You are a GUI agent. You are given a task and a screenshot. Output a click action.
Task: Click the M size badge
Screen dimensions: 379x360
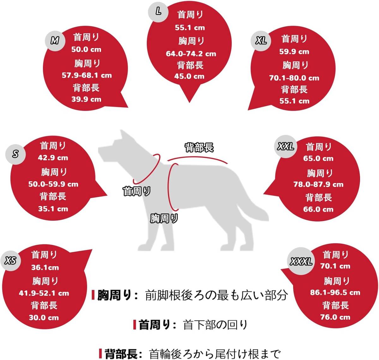point(55,41)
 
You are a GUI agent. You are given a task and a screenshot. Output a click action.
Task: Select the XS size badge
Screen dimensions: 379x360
point(11,261)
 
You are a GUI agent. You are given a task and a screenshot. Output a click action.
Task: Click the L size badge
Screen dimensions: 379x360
point(158,12)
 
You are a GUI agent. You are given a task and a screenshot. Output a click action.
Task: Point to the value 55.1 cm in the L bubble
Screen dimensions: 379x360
point(190,28)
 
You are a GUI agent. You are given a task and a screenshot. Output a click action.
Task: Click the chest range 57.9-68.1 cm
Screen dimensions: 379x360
point(87,75)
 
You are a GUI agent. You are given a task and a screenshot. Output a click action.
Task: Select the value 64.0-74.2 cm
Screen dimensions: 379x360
point(191,54)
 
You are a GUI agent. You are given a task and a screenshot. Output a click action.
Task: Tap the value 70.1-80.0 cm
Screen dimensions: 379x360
point(294,78)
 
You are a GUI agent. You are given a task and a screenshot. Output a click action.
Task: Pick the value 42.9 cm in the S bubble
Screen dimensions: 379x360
point(53,158)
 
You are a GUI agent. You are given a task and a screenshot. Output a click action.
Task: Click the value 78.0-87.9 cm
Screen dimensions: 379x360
point(318,184)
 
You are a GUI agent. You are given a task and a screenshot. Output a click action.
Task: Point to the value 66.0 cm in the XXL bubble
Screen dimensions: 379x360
point(318,209)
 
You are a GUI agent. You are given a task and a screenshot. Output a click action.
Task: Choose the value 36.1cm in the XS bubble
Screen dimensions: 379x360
point(45,267)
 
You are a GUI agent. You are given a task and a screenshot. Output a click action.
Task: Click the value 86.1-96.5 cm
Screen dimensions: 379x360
point(335,292)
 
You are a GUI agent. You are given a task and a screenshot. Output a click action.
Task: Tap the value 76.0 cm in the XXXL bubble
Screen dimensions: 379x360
point(335,317)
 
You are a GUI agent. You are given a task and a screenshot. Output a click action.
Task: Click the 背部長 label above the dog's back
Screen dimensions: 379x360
point(199,147)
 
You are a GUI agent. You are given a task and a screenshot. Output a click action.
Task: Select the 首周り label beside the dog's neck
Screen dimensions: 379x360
point(136,191)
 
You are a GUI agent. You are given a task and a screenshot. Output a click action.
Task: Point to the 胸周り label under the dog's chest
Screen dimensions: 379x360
point(164,218)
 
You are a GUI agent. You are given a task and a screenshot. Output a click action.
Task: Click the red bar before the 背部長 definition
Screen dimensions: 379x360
point(100,353)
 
